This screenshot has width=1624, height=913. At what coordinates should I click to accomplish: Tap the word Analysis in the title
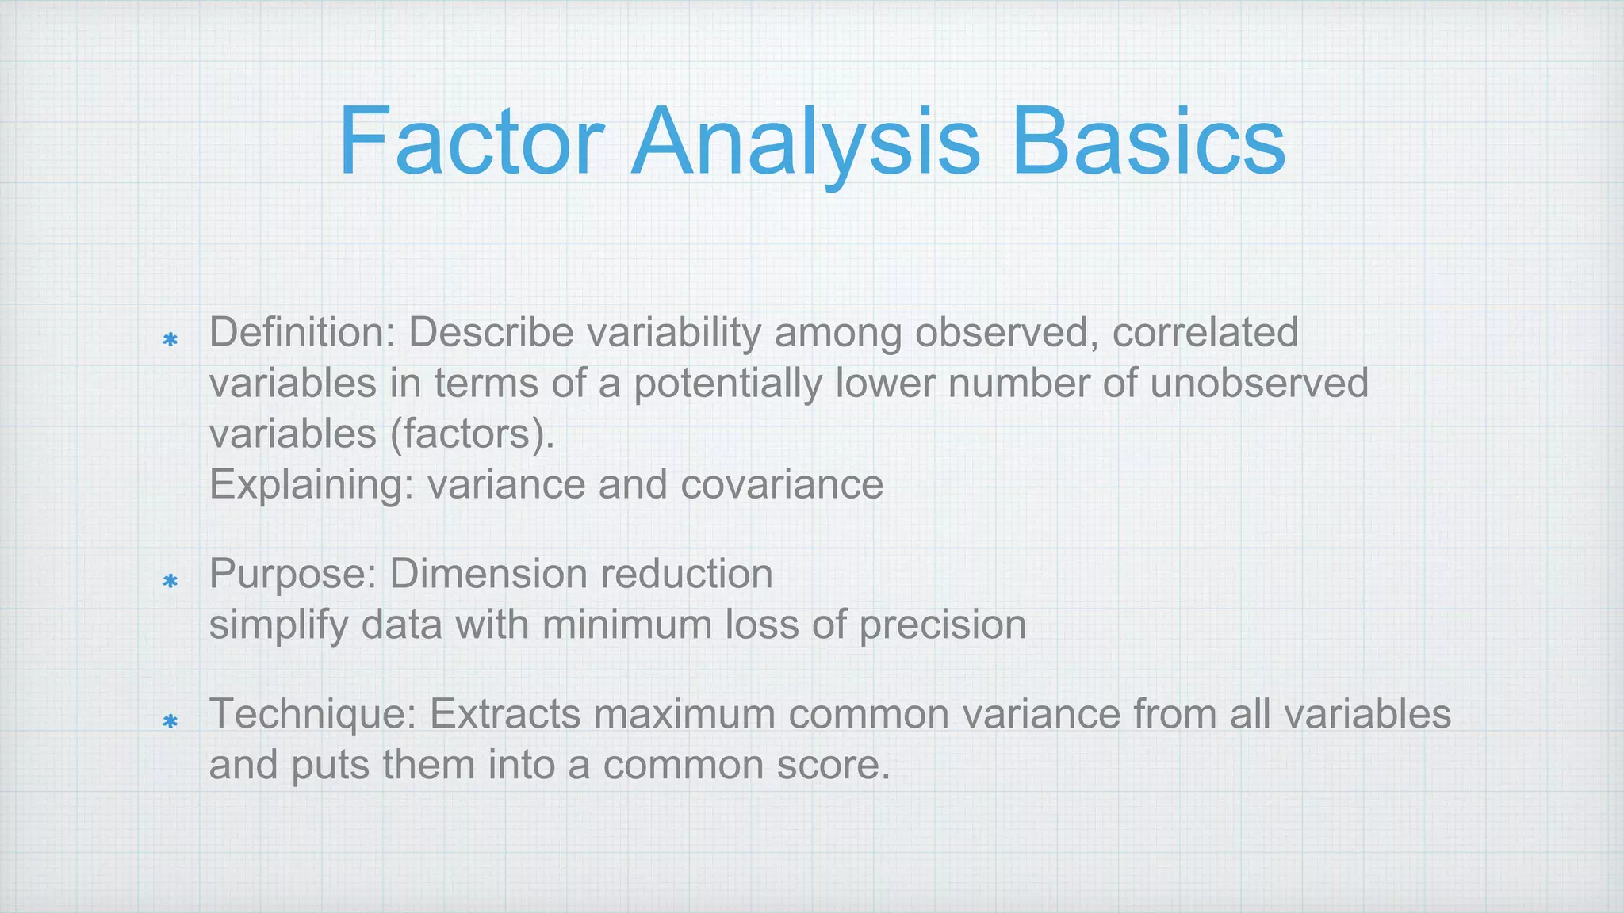click(805, 143)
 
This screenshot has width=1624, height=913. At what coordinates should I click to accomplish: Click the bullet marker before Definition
click(169, 340)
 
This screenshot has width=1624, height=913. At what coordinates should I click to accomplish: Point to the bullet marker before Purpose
click(169, 581)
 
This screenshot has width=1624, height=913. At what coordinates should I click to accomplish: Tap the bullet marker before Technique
click(169, 721)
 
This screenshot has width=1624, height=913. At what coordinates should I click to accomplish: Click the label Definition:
click(302, 332)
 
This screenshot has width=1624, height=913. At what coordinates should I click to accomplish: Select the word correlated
click(1205, 332)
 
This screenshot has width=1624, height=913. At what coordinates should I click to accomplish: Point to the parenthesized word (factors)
click(473, 434)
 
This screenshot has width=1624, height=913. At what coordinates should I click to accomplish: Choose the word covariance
click(782, 485)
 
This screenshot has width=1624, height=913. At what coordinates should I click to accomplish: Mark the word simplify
click(278, 625)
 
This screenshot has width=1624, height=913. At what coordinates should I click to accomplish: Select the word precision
click(943, 625)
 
